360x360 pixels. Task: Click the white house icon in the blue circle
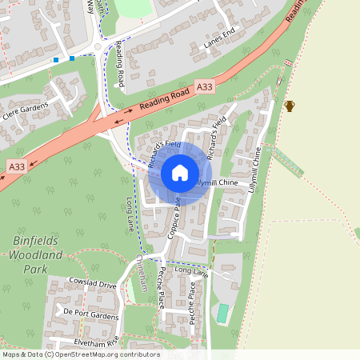[x=179, y=173]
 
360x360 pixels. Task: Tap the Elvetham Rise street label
[x=90, y=341]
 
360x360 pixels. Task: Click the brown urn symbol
[x=290, y=106]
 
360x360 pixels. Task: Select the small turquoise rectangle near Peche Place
[x=222, y=313]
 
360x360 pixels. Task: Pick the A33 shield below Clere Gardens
[x=18, y=166]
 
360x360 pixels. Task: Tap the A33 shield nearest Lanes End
[x=204, y=86]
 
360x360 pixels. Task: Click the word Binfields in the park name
[x=37, y=239]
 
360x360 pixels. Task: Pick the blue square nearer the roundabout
[x=72, y=58]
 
